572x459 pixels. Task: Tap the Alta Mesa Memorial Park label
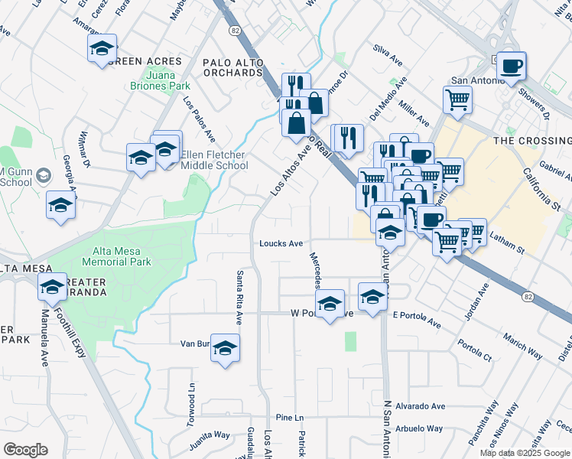click(x=122, y=256)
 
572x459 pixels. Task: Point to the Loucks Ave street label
click(x=281, y=244)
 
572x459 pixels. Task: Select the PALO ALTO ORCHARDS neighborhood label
click(x=232, y=67)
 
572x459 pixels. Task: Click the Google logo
click(x=25, y=449)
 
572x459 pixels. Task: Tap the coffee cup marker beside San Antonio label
click(x=511, y=66)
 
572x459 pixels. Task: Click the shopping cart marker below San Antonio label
click(x=457, y=99)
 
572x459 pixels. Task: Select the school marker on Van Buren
click(x=225, y=347)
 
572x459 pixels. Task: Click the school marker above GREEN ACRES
click(x=102, y=48)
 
